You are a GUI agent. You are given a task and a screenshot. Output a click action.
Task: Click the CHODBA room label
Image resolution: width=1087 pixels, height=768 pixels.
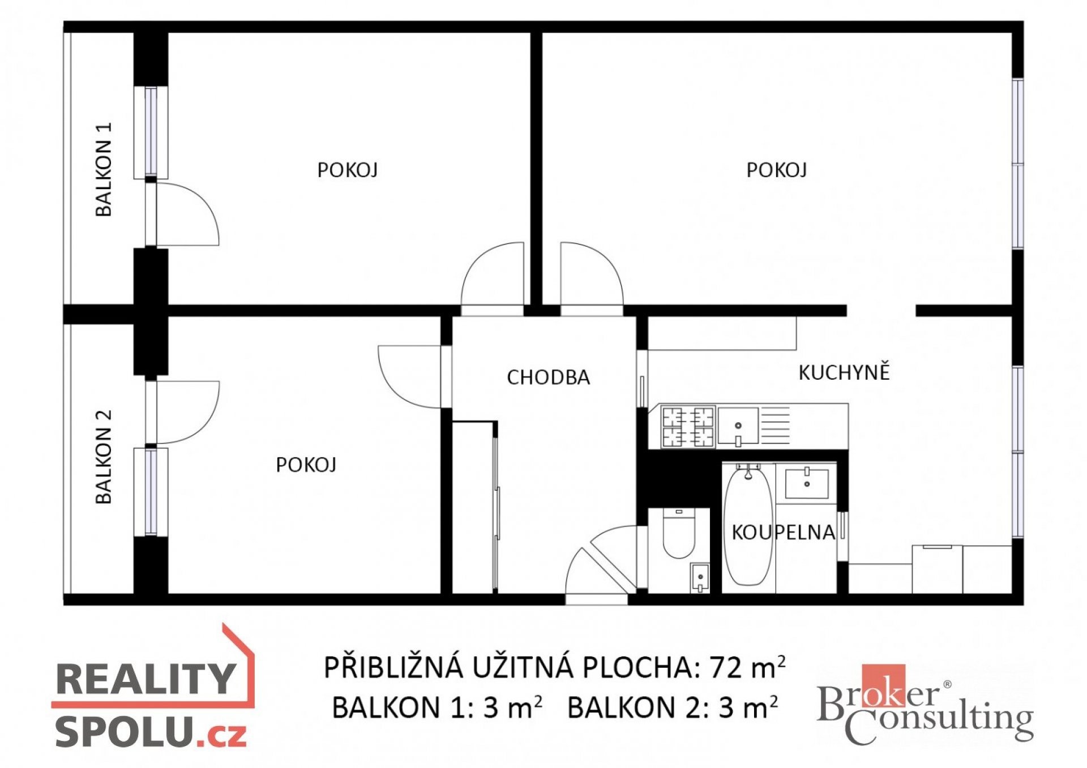coord(548,377)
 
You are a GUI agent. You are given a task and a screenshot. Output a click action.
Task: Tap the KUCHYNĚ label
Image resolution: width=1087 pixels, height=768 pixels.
coord(844,372)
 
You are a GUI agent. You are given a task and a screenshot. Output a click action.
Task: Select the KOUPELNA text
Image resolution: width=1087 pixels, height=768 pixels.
coord(784,533)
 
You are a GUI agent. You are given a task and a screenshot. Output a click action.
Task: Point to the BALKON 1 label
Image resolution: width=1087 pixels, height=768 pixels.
coord(104,169)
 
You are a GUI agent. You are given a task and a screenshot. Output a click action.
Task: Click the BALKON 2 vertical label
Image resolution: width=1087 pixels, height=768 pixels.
coord(104,457)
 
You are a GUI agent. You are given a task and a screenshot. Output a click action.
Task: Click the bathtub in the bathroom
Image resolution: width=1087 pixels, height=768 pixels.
coord(748,525)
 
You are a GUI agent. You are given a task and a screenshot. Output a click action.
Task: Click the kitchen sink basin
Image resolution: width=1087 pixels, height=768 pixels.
coord(738,426)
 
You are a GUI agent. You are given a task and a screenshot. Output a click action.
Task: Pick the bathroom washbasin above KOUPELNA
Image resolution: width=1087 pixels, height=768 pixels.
coord(807,483)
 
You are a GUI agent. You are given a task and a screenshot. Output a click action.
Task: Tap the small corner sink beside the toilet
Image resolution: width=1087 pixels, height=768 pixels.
coord(700,578)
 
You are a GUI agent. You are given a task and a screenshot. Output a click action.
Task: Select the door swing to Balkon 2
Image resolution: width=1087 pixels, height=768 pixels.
coord(187,412)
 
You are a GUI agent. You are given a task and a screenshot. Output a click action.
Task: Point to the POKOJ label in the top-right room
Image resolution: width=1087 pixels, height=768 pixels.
coord(776,170)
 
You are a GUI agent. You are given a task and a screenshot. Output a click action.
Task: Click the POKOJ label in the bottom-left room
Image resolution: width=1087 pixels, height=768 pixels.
coord(306,465)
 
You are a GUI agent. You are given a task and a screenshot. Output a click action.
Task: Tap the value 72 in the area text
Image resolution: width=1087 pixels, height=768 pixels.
coord(726,668)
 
